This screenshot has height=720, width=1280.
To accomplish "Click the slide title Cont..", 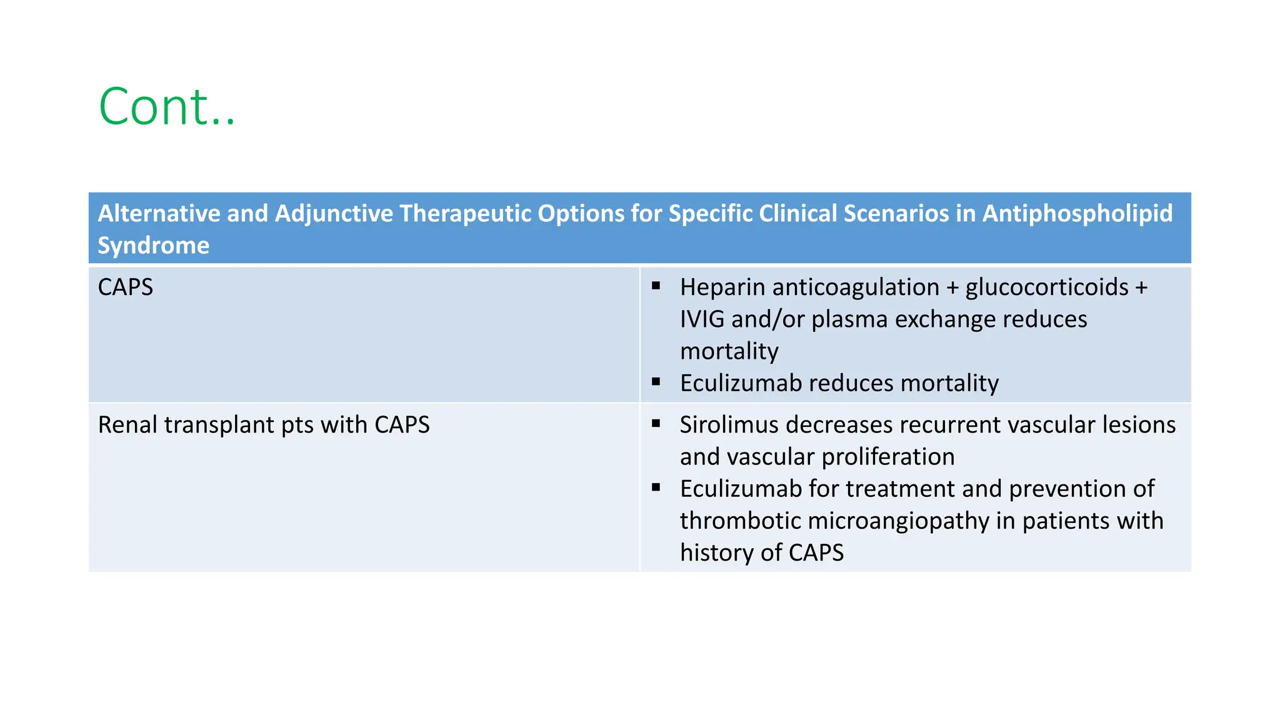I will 167,107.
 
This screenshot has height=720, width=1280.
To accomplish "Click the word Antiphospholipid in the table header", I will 1077,214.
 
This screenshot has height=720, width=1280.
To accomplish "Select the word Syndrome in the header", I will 153,246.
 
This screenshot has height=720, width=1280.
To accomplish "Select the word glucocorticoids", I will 1047,287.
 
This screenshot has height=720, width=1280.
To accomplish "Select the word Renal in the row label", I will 127,425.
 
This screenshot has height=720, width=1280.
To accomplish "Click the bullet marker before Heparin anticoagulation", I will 656,286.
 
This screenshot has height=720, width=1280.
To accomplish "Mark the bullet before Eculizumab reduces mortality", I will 656,382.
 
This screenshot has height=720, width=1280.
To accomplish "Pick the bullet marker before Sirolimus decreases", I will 656,424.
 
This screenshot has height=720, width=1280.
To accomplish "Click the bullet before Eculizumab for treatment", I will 656,487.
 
